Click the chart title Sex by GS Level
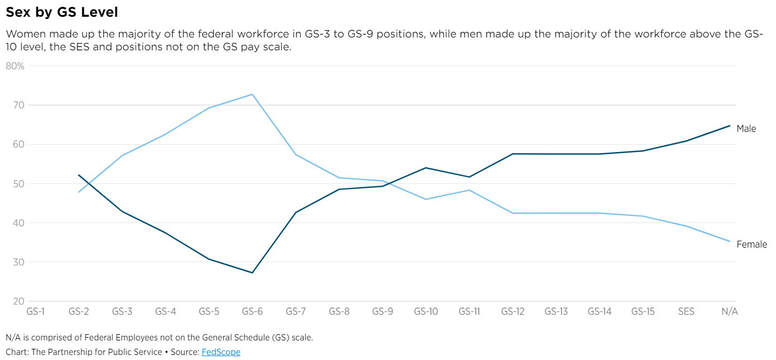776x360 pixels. (x=61, y=12)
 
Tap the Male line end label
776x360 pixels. (x=746, y=129)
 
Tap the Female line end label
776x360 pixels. (x=751, y=244)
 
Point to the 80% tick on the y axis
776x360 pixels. (x=15, y=66)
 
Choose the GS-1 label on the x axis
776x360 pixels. (x=35, y=312)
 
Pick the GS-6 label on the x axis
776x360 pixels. (x=252, y=312)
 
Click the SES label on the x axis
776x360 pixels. (x=686, y=312)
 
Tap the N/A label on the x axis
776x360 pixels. (x=729, y=312)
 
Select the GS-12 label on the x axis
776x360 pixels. (x=513, y=312)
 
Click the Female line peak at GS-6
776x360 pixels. (x=252, y=94)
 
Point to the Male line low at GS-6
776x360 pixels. (x=252, y=273)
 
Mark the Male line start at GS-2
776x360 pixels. (x=79, y=175)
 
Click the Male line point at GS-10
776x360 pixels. (x=426, y=168)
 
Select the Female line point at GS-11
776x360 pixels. (x=469, y=190)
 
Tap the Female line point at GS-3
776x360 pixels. (x=122, y=155)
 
